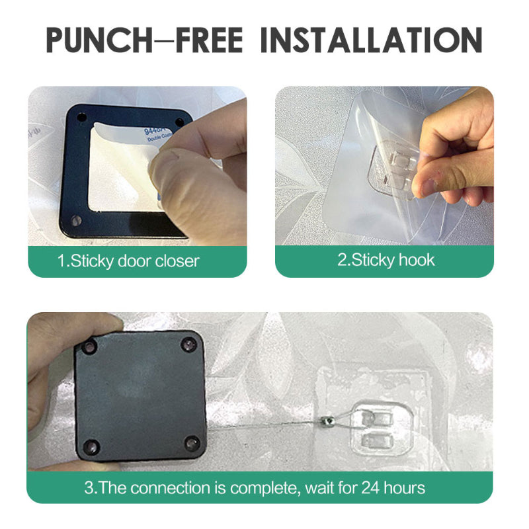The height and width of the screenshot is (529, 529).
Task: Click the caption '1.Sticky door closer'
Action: [128, 261]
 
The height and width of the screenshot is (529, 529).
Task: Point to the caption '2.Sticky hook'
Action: [386, 259]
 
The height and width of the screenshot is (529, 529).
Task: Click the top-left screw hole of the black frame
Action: [81, 117]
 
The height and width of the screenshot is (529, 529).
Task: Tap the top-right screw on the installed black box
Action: [190, 344]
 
